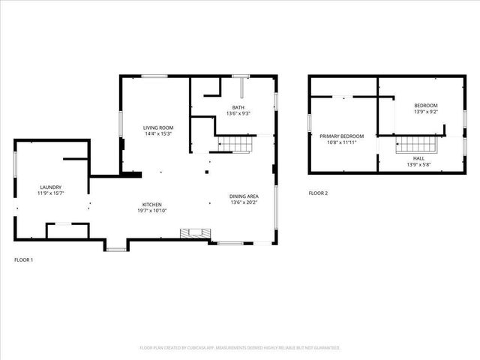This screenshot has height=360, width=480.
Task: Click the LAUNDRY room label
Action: (x=51, y=187)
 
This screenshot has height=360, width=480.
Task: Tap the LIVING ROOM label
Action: (x=158, y=127)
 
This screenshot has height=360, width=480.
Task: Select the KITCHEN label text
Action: (x=152, y=204)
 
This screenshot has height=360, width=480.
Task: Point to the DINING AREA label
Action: (x=244, y=196)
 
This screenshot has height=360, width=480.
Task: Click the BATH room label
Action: (x=238, y=107)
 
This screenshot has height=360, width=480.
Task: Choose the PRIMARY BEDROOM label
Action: (x=341, y=136)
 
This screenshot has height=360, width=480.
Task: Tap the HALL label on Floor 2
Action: (x=418, y=158)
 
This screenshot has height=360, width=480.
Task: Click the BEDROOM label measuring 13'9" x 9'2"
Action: (x=426, y=106)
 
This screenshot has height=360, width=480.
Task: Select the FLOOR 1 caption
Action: (x=24, y=259)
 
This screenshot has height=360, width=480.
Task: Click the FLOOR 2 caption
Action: (x=318, y=193)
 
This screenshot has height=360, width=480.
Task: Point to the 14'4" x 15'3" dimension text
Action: (x=158, y=134)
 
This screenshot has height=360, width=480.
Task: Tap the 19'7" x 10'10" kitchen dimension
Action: (x=152, y=211)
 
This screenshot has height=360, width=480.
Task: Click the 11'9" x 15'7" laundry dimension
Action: (x=51, y=193)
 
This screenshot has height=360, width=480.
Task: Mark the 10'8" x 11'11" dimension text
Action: (x=341, y=142)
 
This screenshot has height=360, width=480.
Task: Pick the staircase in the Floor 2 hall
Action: (x=415, y=144)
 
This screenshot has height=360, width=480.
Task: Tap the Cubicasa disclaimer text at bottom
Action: (x=240, y=348)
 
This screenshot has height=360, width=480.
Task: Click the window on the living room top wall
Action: (x=154, y=75)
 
